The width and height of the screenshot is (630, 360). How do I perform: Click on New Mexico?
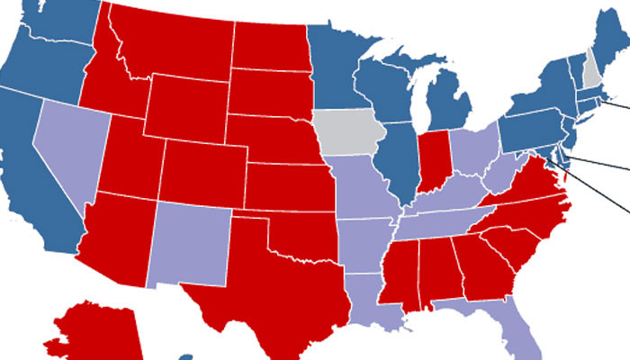click(191, 243)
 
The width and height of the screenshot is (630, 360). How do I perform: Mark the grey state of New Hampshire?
click(590, 72)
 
